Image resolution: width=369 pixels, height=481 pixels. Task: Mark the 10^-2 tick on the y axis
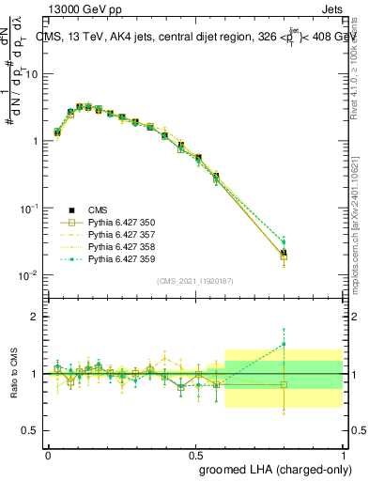[x=30, y=275]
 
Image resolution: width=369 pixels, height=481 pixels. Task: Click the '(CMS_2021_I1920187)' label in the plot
[x=194, y=281]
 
